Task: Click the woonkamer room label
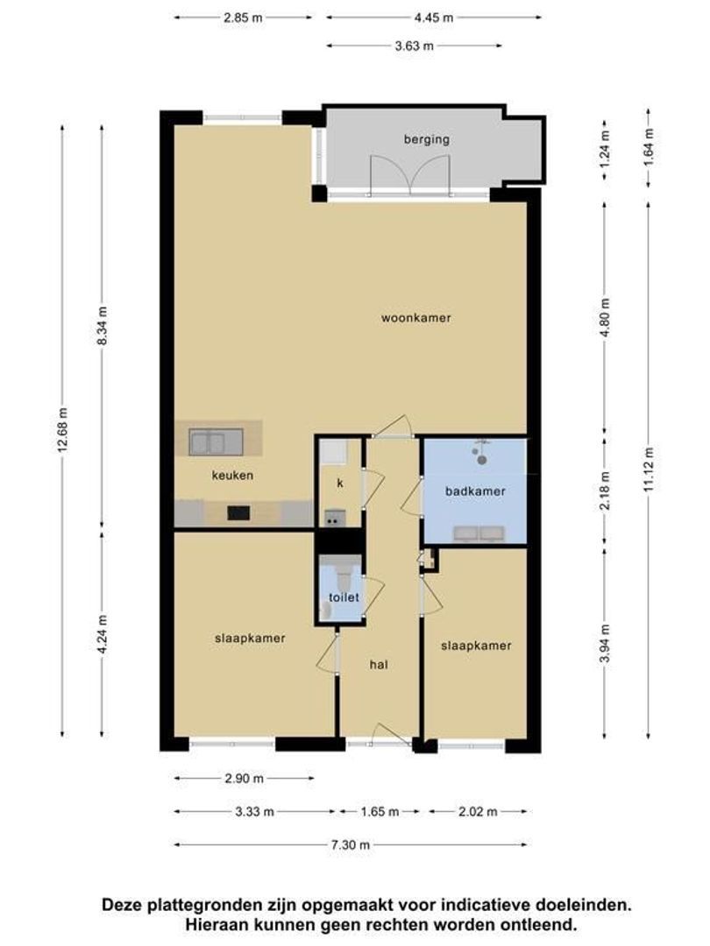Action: (x=415, y=318)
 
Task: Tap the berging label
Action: (x=426, y=139)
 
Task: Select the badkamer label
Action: (x=475, y=491)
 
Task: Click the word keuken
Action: (x=232, y=476)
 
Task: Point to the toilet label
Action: (x=344, y=597)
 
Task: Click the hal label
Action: (x=379, y=665)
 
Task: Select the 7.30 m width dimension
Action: (x=350, y=844)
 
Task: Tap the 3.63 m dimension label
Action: (x=415, y=46)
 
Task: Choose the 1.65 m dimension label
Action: (x=380, y=812)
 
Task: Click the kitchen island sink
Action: (x=208, y=441)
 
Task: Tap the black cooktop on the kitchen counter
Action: (x=239, y=513)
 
